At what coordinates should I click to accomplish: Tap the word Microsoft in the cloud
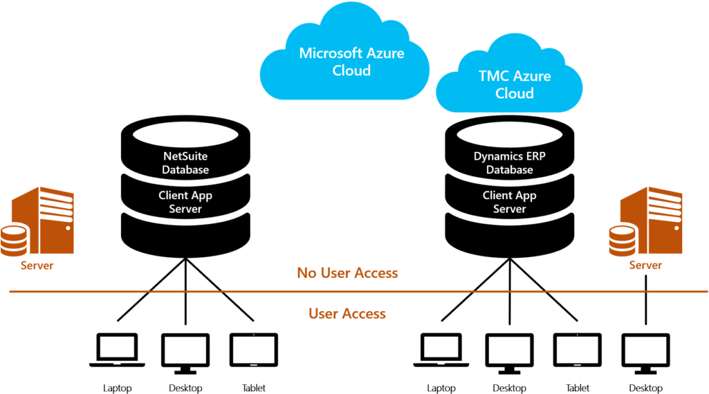pyautogui.click(x=326, y=53)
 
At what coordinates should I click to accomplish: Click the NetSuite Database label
pyautogui.click(x=185, y=163)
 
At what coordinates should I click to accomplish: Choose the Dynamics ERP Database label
pyautogui.click(x=510, y=163)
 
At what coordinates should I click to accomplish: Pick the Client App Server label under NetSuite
pyautogui.click(x=185, y=202)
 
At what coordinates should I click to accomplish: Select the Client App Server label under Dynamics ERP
pyautogui.click(x=510, y=202)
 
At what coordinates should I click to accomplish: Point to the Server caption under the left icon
pyautogui.click(x=37, y=265)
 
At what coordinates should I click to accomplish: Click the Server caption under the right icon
pyautogui.click(x=645, y=265)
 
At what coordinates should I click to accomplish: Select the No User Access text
pyautogui.click(x=347, y=273)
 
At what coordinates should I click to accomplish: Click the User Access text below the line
pyautogui.click(x=347, y=314)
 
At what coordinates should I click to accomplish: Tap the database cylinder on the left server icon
pyautogui.click(x=14, y=239)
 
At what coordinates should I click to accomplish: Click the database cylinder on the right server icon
pyautogui.click(x=622, y=239)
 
